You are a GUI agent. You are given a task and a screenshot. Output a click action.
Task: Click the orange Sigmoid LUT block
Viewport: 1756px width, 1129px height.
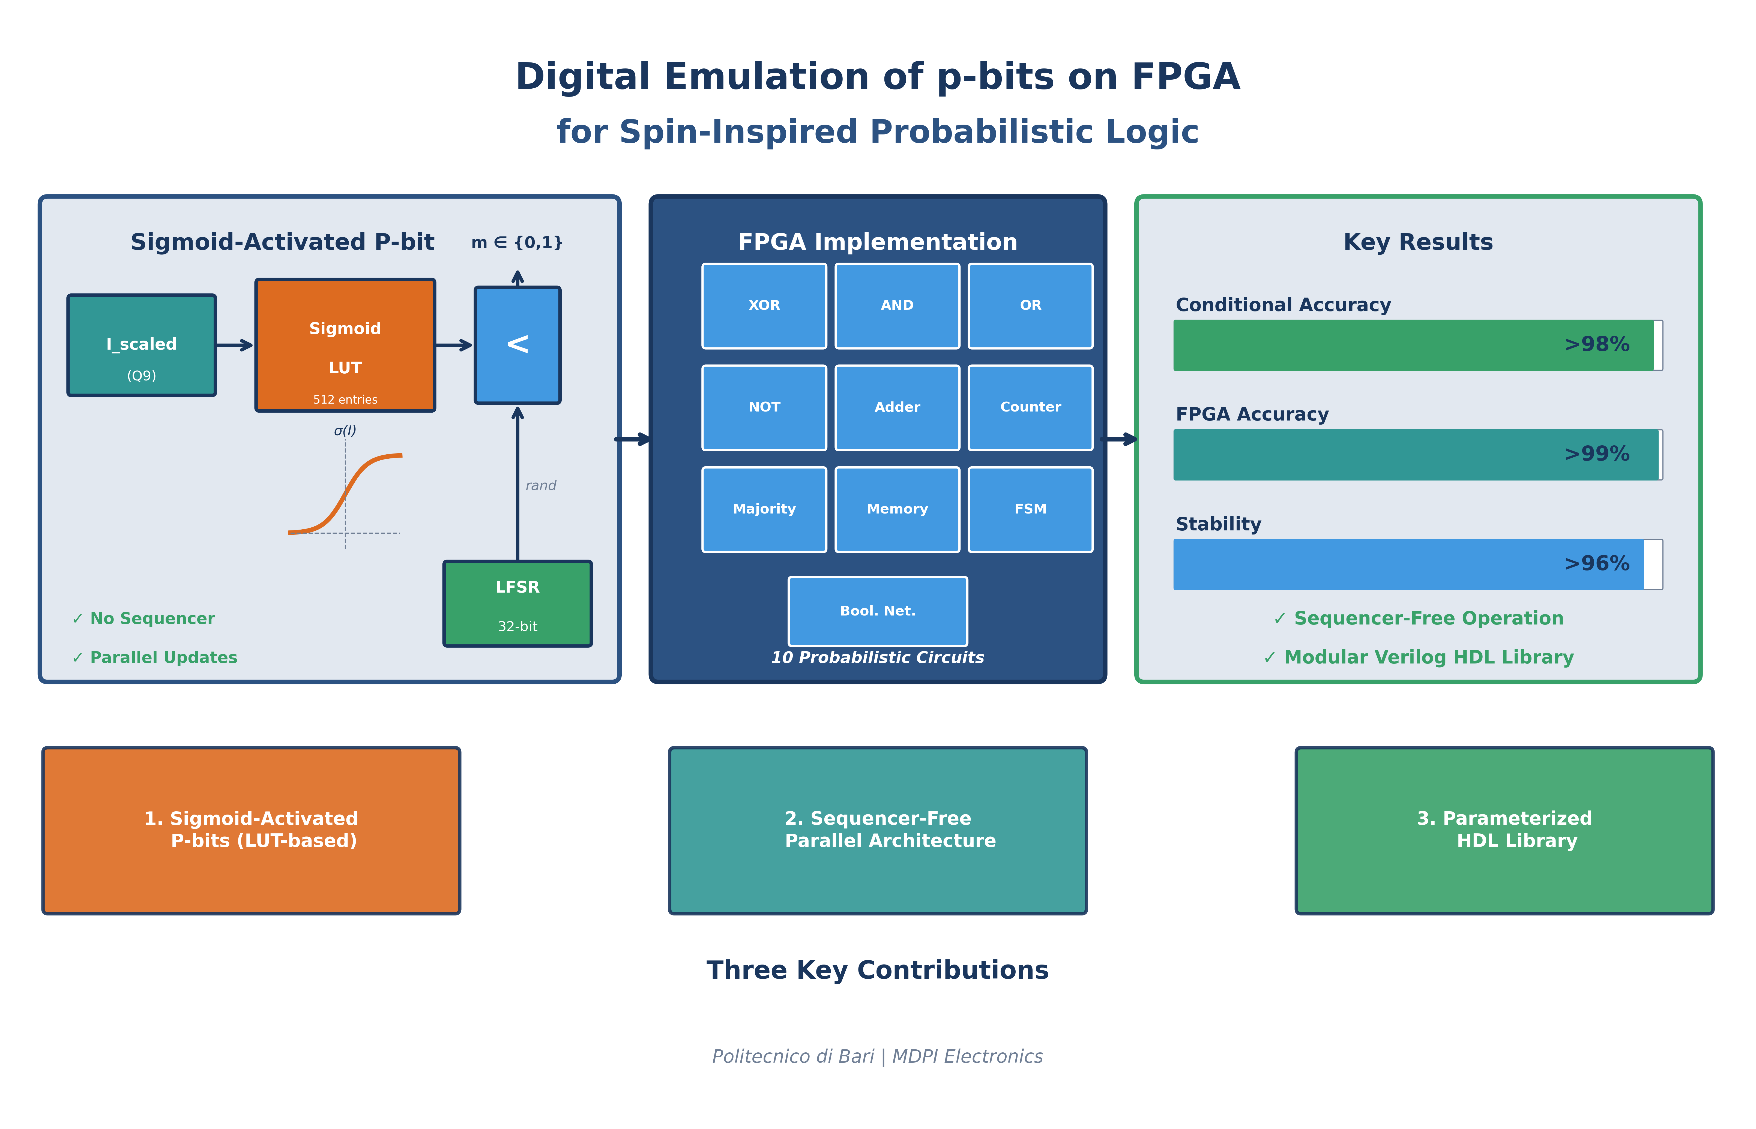pos(345,345)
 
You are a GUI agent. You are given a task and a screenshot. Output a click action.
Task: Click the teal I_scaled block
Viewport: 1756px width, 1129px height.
pos(142,345)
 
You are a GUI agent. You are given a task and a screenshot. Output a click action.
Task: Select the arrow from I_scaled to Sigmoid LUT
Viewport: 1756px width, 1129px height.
pos(235,345)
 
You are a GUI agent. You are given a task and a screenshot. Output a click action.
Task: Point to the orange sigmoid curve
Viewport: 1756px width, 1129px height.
pos(345,493)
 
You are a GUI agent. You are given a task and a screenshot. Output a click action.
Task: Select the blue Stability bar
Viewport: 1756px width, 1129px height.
pos(1408,564)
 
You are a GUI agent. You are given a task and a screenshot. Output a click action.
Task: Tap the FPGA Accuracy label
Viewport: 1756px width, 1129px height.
pos(1252,414)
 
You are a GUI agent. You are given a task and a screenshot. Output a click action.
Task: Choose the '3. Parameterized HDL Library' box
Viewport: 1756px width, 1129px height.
pos(1504,831)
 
